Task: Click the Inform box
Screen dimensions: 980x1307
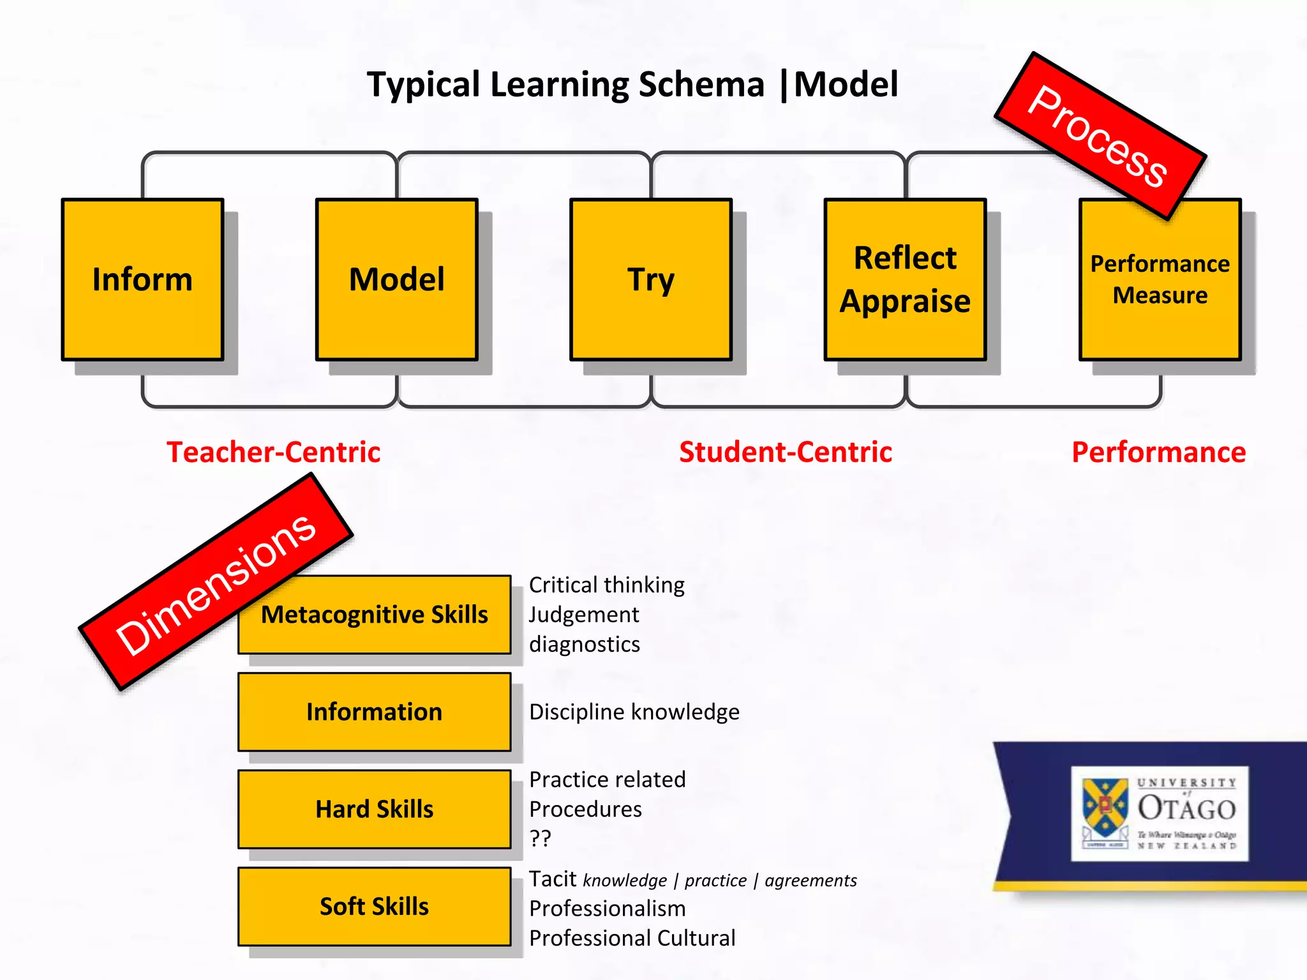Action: click(x=142, y=279)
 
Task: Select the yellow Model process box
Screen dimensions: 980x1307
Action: click(x=396, y=279)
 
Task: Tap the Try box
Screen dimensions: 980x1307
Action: click(x=650, y=279)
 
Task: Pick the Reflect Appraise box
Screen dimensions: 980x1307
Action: click(x=905, y=279)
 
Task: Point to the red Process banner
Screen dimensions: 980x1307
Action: click(x=1100, y=136)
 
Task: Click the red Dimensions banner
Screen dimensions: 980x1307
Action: click(x=216, y=582)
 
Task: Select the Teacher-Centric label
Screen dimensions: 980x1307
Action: click(x=274, y=452)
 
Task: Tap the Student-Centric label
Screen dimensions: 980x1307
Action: click(x=786, y=452)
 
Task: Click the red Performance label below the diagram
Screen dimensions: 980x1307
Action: click(x=1158, y=452)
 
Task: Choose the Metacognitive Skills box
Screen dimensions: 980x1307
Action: click(x=375, y=614)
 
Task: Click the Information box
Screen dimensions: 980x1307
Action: click(x=375, y=712)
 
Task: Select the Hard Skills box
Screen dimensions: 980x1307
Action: click(x=375, y=809)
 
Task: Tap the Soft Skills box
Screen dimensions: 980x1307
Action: click(x=375, y=906)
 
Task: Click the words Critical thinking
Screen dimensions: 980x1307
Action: click(x=606, y=584)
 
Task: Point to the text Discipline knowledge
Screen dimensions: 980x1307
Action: click(x=634, y=712)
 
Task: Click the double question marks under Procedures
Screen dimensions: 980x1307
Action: click(x=540, y=838)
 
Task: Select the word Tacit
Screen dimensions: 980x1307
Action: click(x=553, y=879)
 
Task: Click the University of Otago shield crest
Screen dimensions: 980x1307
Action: click(x=1105, y=808)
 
